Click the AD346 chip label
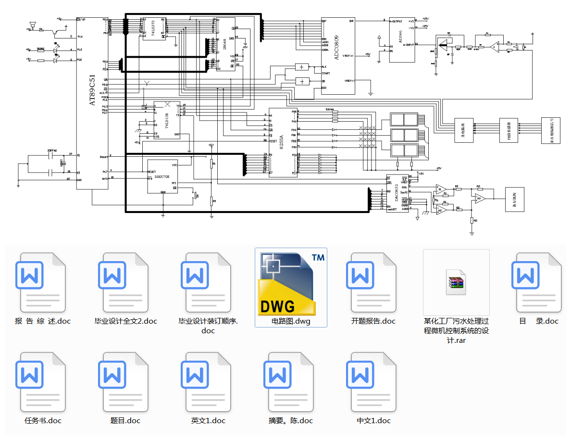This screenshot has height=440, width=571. (x=401, y=37)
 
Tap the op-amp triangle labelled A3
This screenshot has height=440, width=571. (x=479, y=198)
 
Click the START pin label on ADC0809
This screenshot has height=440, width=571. (x=326, y=74)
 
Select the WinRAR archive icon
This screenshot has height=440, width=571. (x=456, y=282)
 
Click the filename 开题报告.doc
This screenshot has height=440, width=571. (x=373, y=321)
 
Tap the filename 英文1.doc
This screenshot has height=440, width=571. (x=208, y=421)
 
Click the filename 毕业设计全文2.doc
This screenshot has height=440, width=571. (x=125, y=321)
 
